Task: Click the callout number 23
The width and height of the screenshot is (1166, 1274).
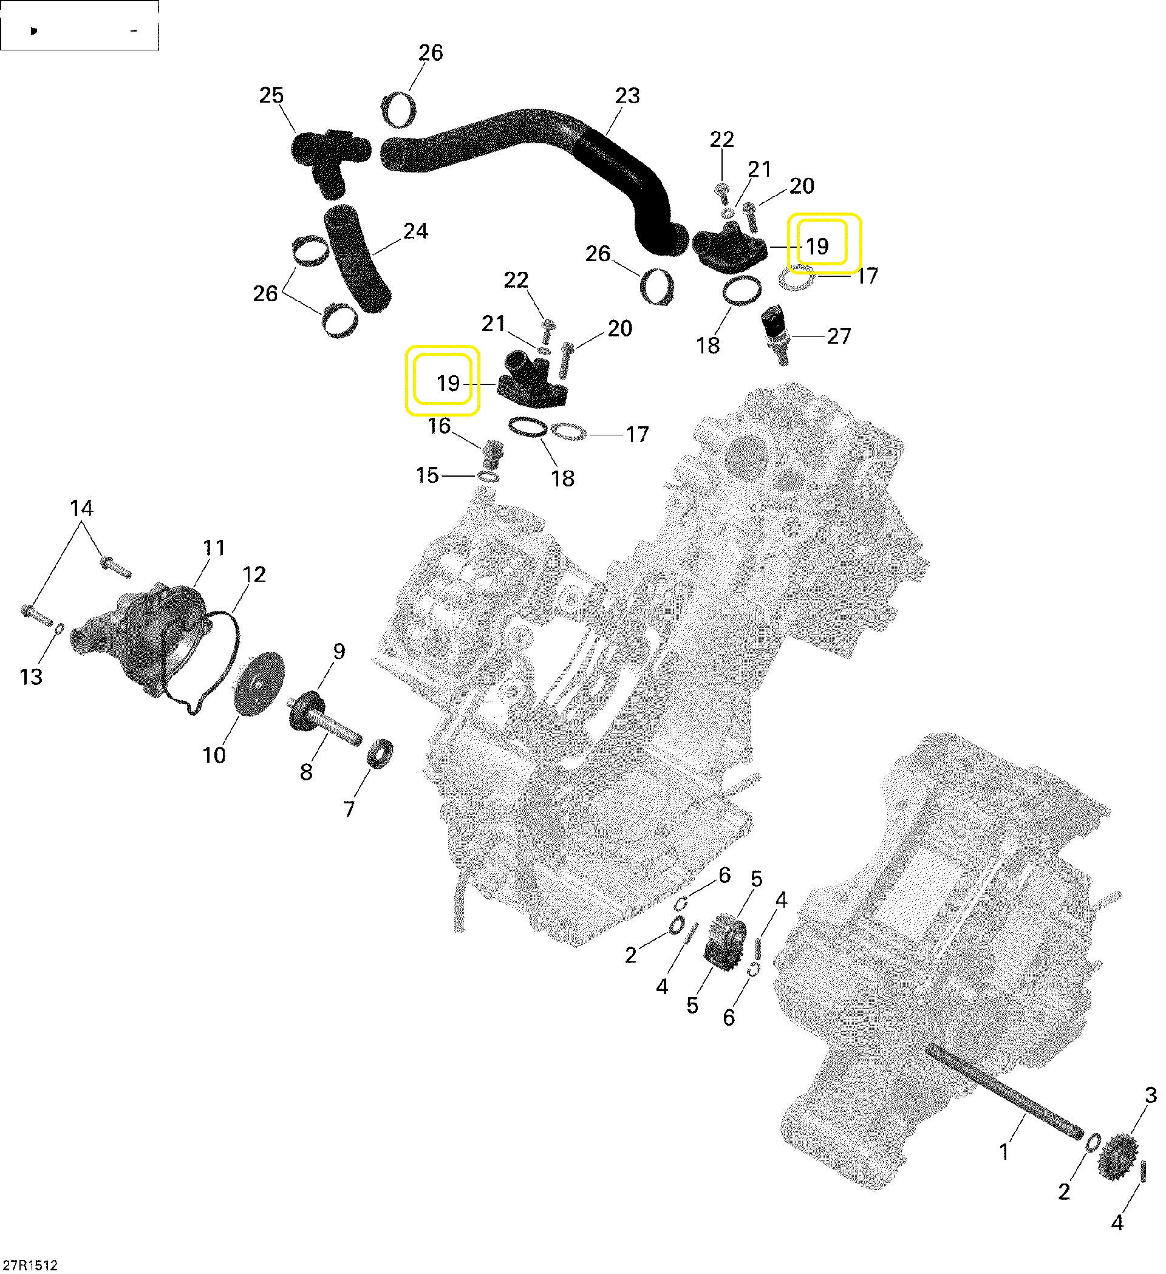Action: coord(627,95)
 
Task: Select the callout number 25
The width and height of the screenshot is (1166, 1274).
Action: coord(271,95)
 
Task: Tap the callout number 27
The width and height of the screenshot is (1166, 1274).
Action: coord(839,336)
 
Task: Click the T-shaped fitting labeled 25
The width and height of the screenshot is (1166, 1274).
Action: coord(328,154)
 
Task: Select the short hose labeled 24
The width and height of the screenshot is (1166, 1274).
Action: coord(358,259)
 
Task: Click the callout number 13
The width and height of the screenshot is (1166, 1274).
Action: coord(31,676)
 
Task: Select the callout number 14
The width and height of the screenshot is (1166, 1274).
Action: coord(81,508)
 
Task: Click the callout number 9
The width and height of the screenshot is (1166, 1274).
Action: coord(339,651)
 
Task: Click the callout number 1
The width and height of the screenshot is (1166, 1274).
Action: coord(1004,1151)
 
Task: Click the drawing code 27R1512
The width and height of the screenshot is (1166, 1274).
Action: coord(30,1264)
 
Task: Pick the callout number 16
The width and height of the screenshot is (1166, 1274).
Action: coord(438,426)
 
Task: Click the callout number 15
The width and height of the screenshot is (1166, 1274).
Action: coord(427,475)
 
